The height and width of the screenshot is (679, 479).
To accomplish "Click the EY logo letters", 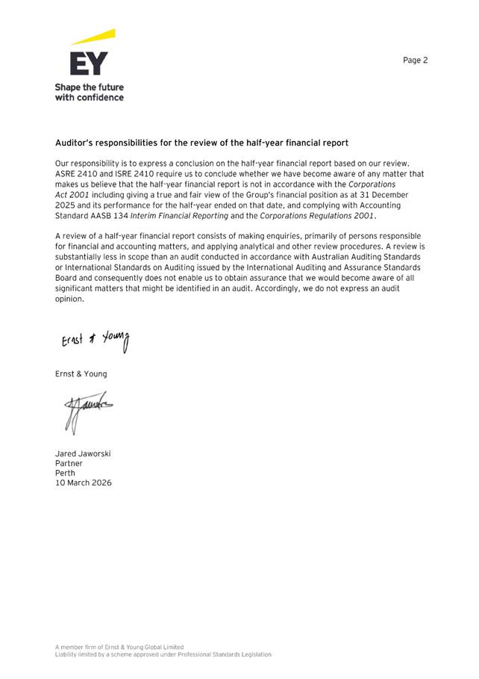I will [89, 63].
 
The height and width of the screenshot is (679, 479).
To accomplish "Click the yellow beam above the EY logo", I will [94, 37].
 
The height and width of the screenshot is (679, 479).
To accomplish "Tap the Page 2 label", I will [416, 61].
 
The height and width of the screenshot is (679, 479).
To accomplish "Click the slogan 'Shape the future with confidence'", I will [90, 92].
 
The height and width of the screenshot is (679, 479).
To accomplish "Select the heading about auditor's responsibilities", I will [202, 143].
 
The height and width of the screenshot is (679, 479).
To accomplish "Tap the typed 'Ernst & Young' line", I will [81, 373].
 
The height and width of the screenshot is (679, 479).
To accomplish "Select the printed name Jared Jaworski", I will [83, 453].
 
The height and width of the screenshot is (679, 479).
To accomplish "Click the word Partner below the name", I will [69, 463].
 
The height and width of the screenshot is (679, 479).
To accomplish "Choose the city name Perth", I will [65, 473].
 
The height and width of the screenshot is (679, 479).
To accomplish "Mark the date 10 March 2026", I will [84, 483].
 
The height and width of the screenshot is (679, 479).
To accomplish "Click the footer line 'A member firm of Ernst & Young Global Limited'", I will [119, 647].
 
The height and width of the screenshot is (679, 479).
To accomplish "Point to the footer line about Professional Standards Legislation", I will [163, 654].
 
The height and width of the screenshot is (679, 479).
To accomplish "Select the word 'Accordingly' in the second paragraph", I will [304, 288].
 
